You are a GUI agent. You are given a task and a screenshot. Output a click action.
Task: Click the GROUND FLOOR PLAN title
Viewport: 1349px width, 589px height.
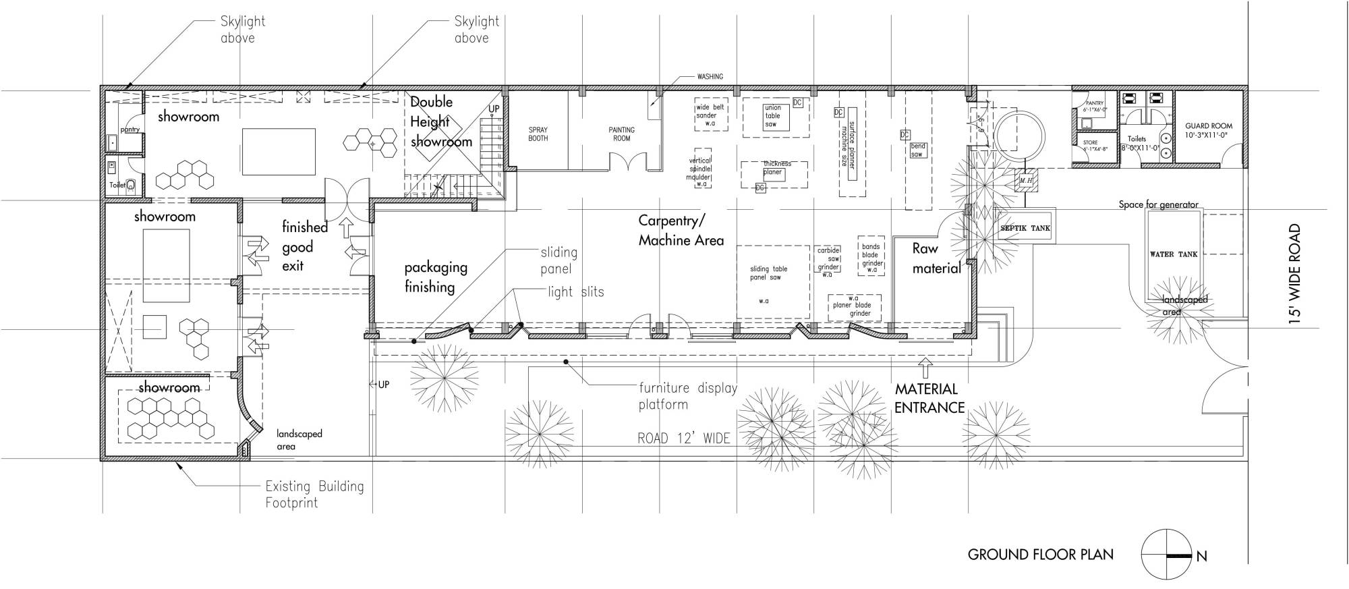click(x=1040, y=555)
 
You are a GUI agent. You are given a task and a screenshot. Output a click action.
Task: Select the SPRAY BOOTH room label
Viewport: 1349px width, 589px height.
click(x=538, y=134)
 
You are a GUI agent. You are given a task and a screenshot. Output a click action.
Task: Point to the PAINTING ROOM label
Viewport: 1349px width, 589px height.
click(x=621, y=134)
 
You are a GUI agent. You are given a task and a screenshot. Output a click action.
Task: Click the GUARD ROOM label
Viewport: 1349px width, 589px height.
click(x=1208, y=130)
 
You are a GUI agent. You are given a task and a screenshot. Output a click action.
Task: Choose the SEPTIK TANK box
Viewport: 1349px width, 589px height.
click(x=1025, y=228)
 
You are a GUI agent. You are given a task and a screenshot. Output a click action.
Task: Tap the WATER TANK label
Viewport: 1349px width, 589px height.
click(x=1173, y=254)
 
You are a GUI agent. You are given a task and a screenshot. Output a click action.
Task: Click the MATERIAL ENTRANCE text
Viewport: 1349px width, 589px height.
click(x=929, y=398)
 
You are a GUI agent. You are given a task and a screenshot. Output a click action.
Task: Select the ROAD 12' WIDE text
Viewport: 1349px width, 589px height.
click(x=683, y=439)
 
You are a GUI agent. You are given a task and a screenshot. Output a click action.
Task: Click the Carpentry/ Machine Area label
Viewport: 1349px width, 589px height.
click(x=681, y=230)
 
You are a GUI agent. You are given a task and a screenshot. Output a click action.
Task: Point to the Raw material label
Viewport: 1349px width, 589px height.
click(x=936, y=258)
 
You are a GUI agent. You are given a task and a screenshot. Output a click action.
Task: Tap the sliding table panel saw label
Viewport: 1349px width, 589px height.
click(x=768, y=273)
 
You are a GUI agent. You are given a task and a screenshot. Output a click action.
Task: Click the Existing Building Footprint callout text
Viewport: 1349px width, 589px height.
click(x=314, y=494)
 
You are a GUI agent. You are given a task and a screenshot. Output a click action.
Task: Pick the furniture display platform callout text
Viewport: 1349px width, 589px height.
click(x=687, y=396)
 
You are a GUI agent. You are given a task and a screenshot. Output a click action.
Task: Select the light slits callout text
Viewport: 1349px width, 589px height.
click(x=575, y=291)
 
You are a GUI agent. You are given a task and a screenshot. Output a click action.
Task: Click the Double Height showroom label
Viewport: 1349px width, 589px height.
click(x=440, y=122)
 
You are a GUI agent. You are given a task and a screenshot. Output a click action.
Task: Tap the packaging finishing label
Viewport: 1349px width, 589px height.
click(x=435, y=277)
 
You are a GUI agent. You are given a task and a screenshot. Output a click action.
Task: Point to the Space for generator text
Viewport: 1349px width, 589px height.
click(x=1158, y=204)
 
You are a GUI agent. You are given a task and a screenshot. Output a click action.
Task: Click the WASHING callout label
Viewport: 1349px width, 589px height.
click(x=710, y=77)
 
